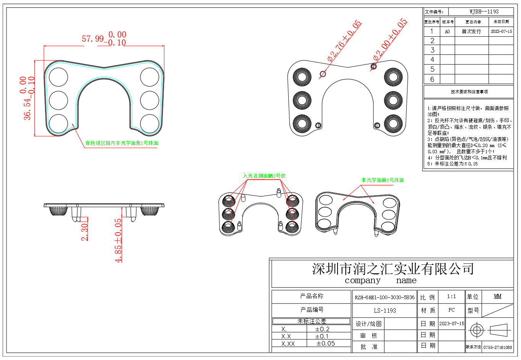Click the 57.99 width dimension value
pos(93,39)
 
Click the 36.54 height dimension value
pos(28,110)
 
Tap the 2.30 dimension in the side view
pos(84,232)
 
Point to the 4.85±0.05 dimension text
pos(118,240)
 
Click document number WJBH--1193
pos(484,11)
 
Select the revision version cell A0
pos(447,32)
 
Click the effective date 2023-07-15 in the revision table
pos(501,31)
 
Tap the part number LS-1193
pos(385,311)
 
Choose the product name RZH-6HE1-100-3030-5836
pos(385,297)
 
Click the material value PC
pos(451,310)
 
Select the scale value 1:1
pos(451,297)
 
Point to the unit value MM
pos(497,297)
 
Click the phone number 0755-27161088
pos(497,347)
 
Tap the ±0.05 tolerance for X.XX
pos(326,344)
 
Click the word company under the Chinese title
pos(362,281)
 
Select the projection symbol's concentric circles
pos(477,330)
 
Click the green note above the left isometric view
pos(264,176)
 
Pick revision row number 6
pos(432,79)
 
